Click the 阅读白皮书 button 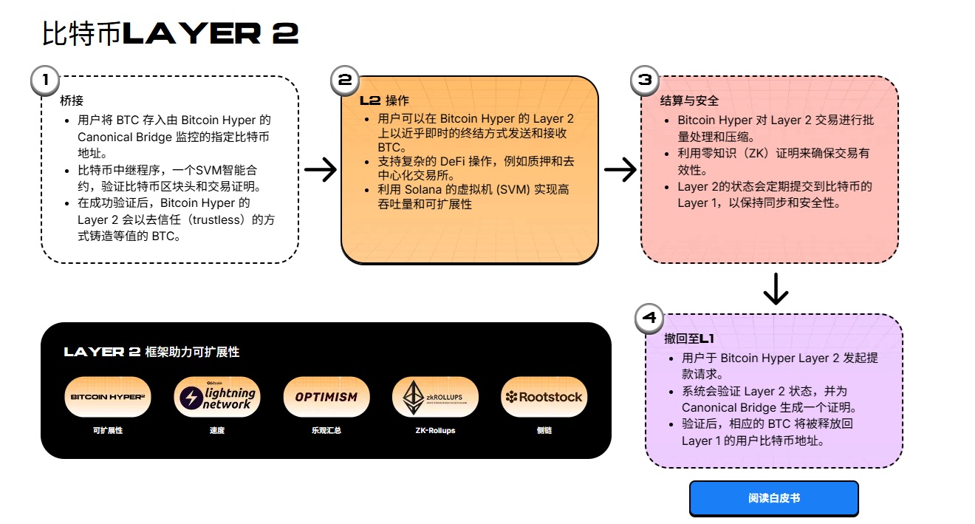tap(773, 498)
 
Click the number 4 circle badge tap(649, 319)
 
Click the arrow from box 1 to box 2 tap(320, 170)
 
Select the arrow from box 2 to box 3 tap(620, 170)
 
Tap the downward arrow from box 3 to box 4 tap(775, 289)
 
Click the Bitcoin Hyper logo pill tap(108, 397)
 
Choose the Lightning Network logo tap(216, 397)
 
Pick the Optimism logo tap(326, 397)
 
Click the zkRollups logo tap(434, 397)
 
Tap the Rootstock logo tap(544, 397)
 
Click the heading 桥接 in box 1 tap(70, 100)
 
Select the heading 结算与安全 tap(688, 101)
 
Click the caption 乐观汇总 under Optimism tap(326, 430)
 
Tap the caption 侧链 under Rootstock tap(544, 430)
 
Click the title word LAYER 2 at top tap(210, 34)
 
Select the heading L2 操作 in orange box tap(383, 101)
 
